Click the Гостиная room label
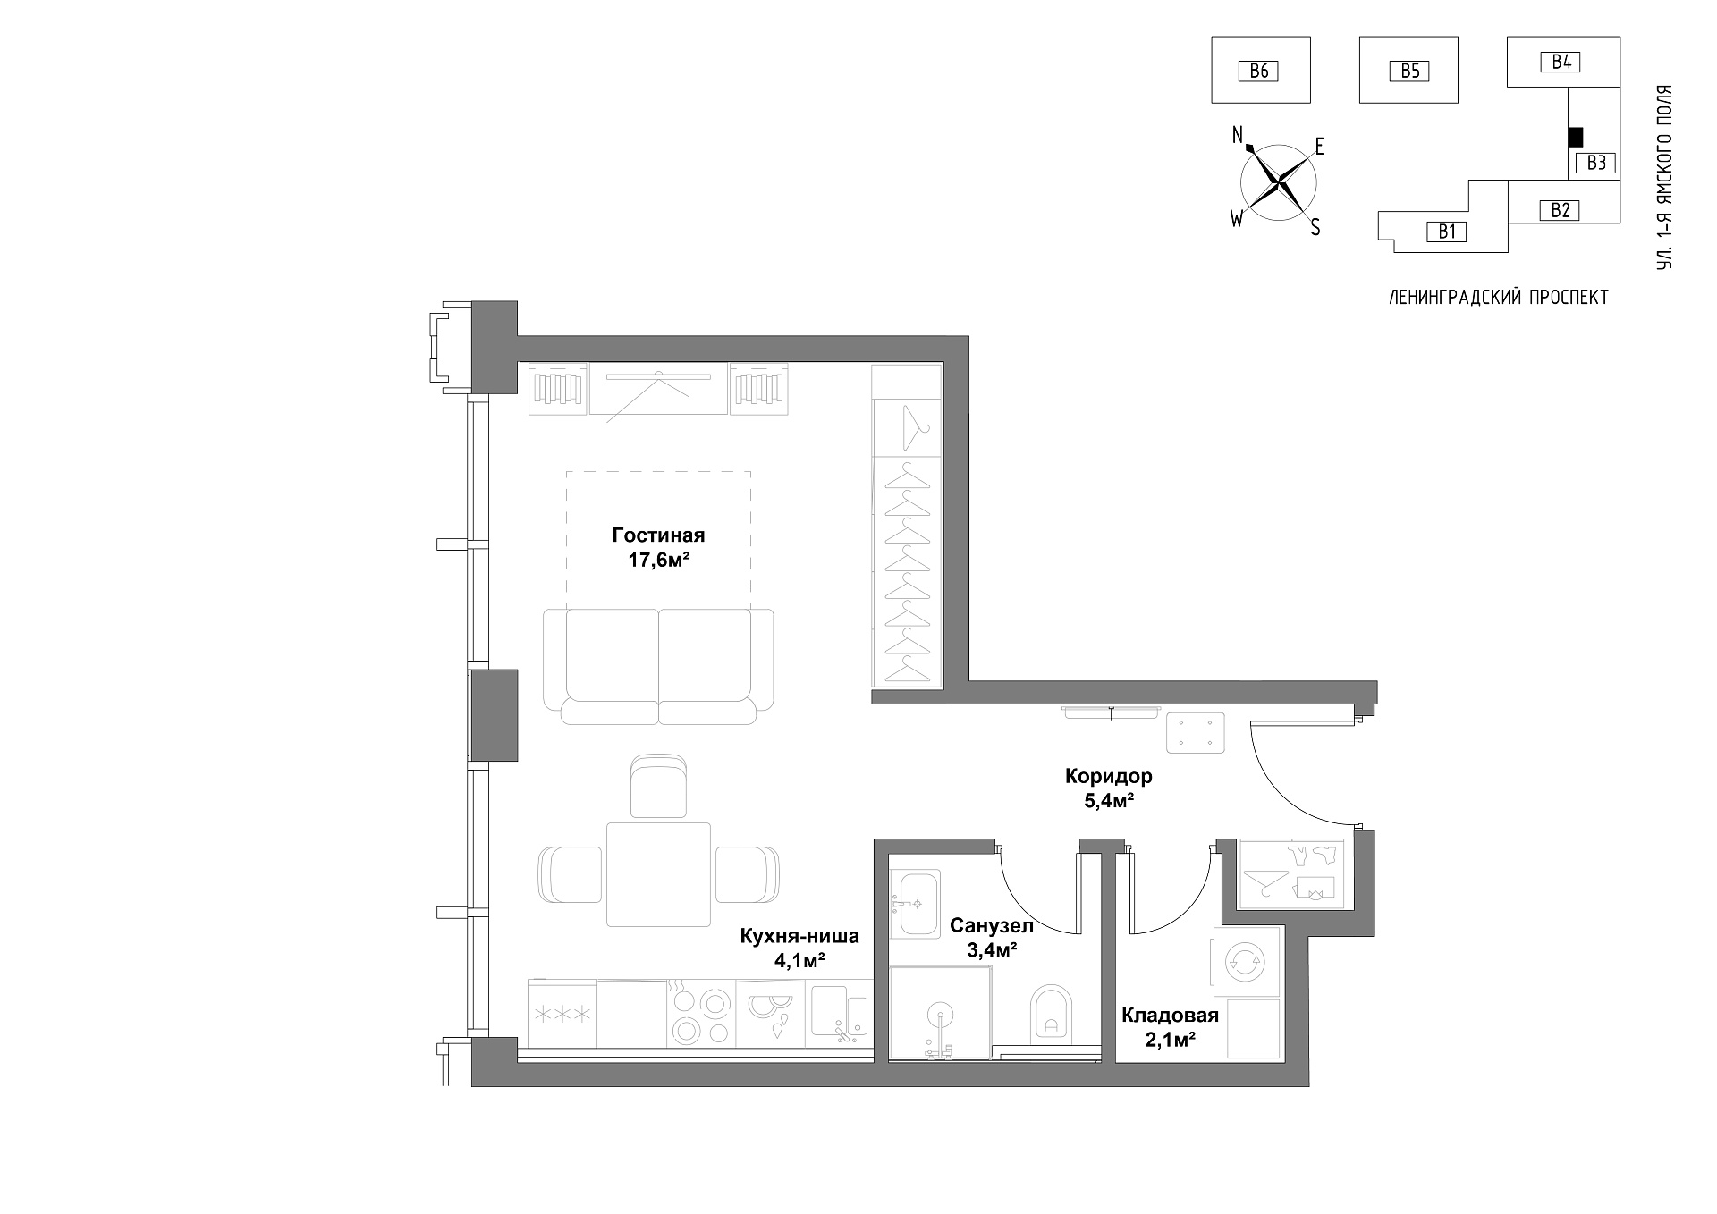(658, 535)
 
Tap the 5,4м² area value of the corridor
(1109, 801)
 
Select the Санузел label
(992, 925)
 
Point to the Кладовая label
(1171, 1015)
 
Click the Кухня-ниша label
(799, 936)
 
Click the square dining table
(659, 874)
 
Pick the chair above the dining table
(659, 785)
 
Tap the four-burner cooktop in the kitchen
(701, 1014)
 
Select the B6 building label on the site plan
(1259, 71)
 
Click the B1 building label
(1447, 232)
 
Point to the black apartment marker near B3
(1576, 137)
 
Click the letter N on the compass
(1239, 135)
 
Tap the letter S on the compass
(1315, 228)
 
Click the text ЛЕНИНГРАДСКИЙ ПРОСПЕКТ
(1499, 298)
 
